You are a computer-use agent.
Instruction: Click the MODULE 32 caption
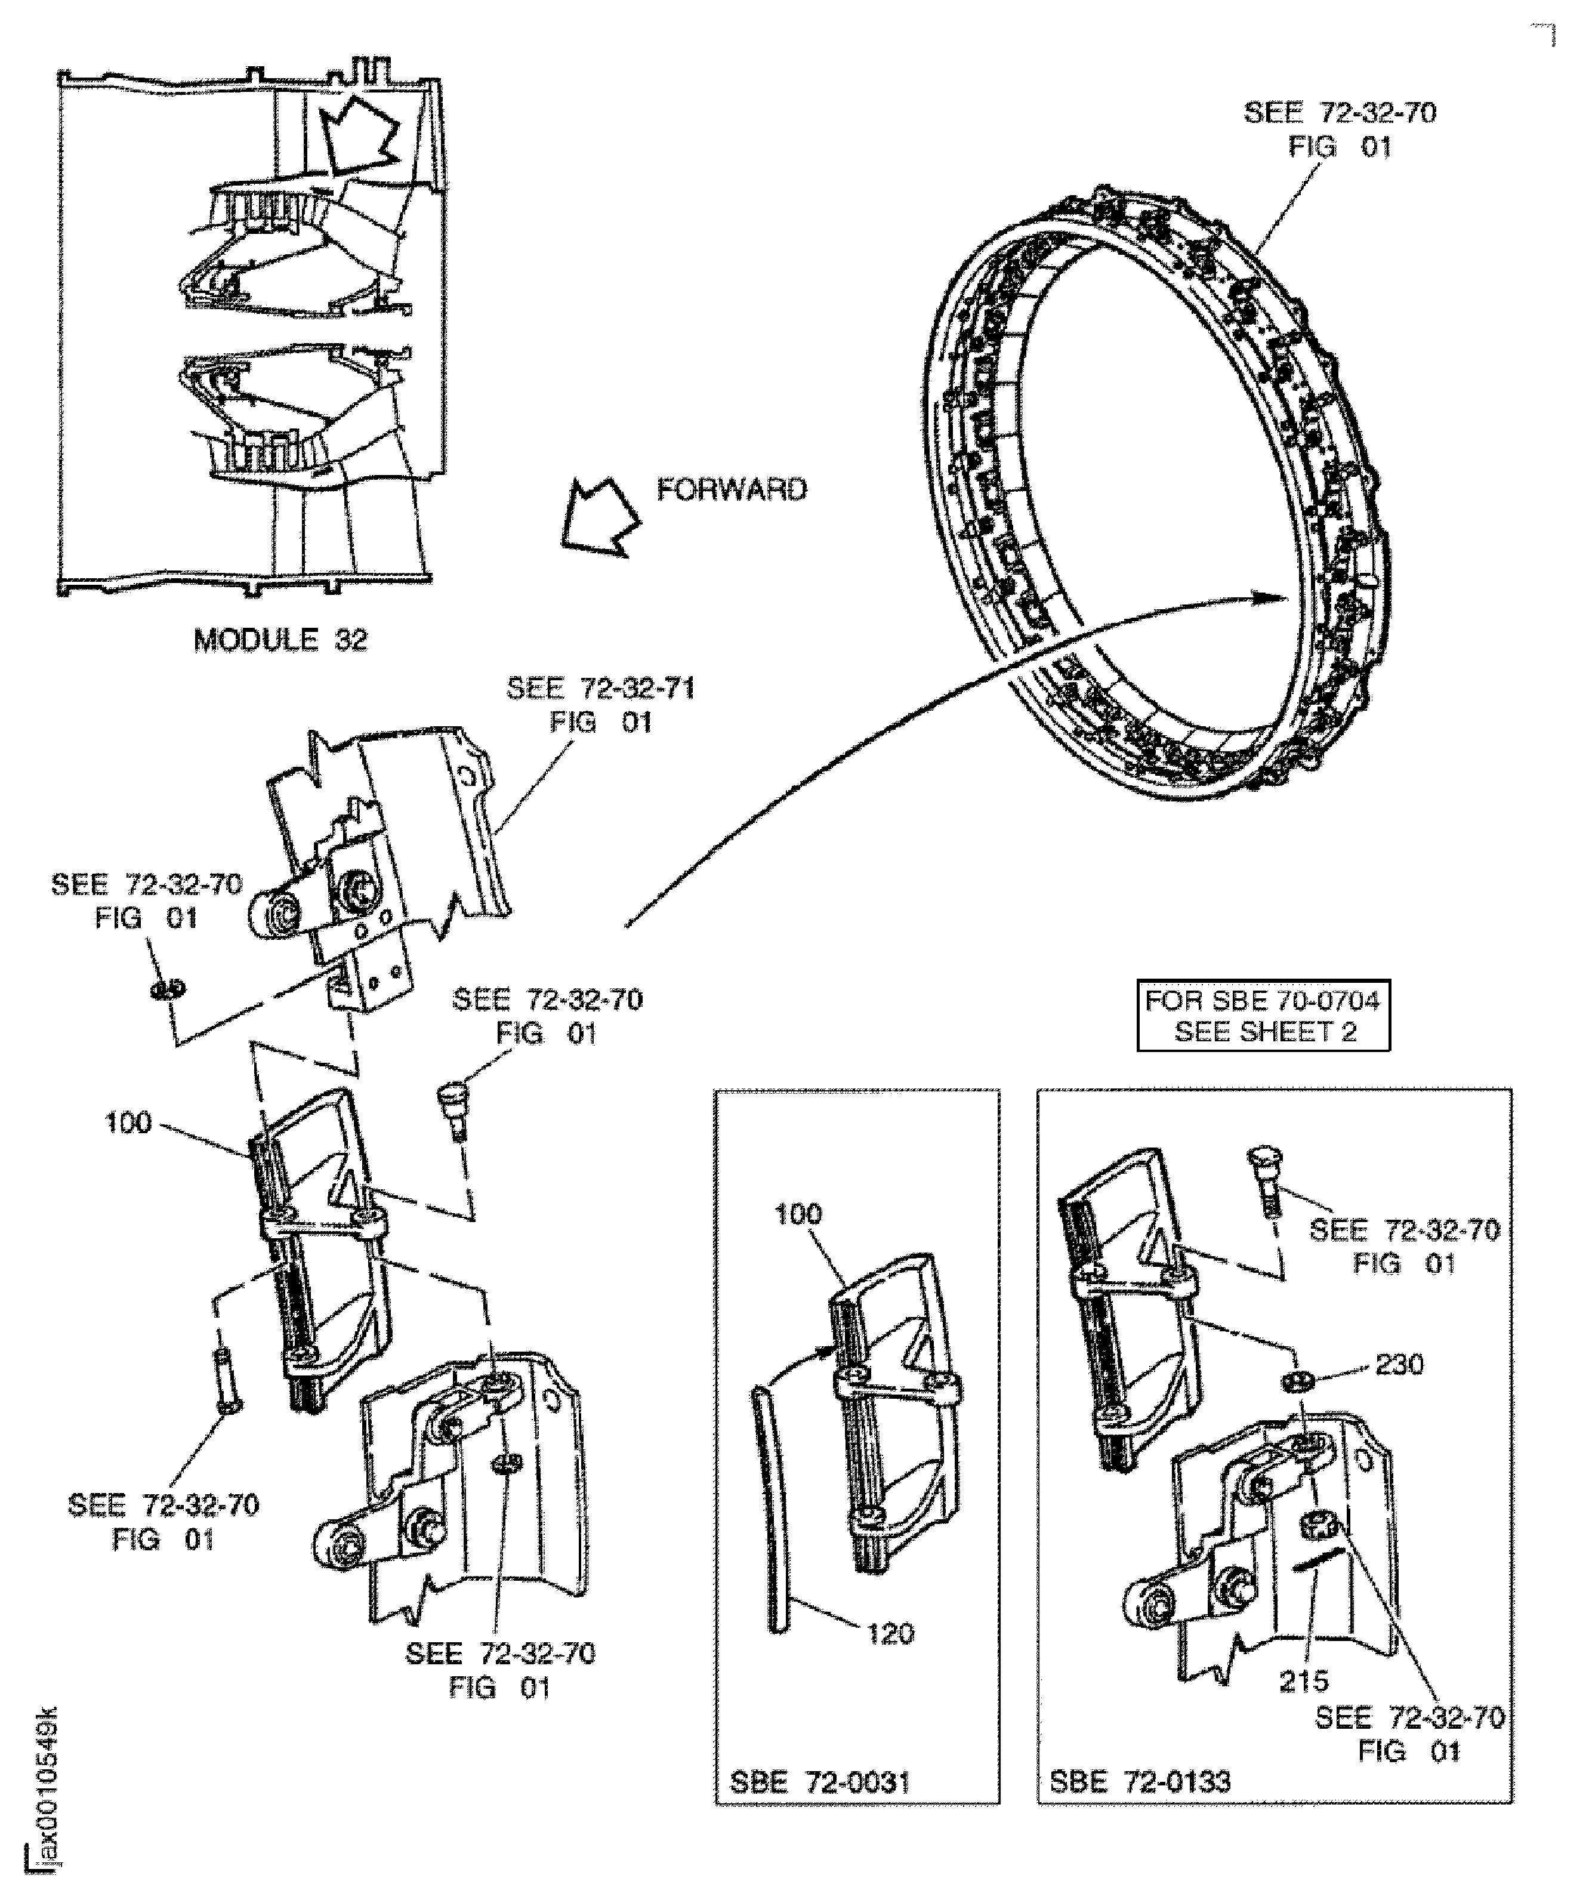point(280,640)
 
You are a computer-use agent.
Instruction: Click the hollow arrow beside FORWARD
point(598,517)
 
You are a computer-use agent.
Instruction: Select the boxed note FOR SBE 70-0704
point(1263,1015)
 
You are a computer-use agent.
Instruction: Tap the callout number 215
point(1303,1680)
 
